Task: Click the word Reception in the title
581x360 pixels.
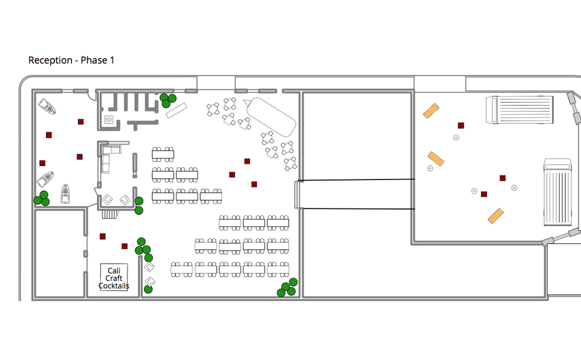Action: click(x=51, y=60)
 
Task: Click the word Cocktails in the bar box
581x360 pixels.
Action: click(x=114, y=286)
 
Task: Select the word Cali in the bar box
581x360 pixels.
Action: click(x=114, y=271)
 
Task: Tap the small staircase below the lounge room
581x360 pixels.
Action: click(x=110, y=214)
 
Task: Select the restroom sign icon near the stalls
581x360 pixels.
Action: click(x=108, y=120)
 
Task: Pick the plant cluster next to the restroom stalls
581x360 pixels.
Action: click(x=168, y=100)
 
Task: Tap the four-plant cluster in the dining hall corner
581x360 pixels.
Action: click(x=287, y=287)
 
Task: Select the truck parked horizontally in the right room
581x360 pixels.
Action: click(x=519, y=110)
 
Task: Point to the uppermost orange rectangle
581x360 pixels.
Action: click(x=431, y=110)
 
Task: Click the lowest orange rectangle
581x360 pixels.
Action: click(x=496, y=215)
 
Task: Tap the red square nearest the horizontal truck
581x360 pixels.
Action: click(x=461, y=125)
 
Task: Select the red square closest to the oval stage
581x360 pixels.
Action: click(x=247, y=161)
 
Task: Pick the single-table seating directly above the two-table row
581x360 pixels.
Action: click(x=163, y=154)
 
